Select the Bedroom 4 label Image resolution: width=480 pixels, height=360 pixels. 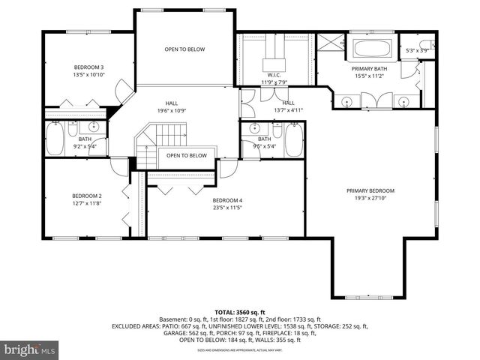[227, 200]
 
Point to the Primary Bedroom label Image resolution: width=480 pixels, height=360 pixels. [370, 190]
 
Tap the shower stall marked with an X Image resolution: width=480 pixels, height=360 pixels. [328, 46]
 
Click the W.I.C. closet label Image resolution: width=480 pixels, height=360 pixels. [274, 75]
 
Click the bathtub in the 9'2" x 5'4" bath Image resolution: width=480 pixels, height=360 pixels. [55, 139]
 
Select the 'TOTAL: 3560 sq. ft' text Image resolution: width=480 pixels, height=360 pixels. [240, 311]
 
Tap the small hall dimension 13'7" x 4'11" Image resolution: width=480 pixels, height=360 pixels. [288, 110]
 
